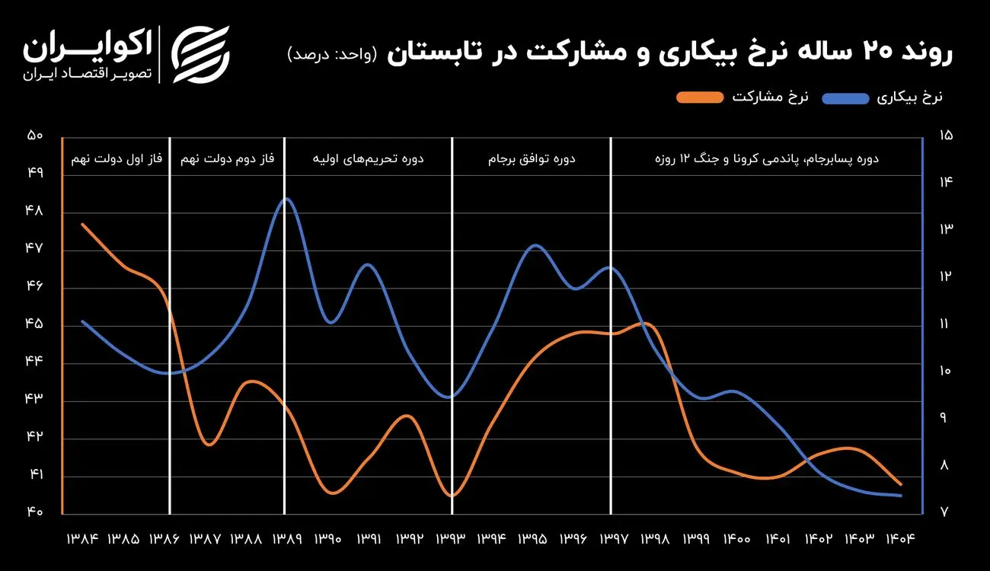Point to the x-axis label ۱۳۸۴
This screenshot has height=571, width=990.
(x=82, y=539)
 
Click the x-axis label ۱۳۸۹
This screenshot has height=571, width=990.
(x=286, y=539)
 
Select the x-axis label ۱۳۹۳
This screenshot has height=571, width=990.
(x=450, y=539)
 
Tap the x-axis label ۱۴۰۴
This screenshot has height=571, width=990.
(x=899, y=539)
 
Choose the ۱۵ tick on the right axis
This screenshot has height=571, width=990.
(x=946, y=136)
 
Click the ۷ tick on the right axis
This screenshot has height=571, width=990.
(x=945, y=512)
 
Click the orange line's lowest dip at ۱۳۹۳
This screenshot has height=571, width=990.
(x=452, y=496)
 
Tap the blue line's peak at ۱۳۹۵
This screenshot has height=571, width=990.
(x=535, y=245)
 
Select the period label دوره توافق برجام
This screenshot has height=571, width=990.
(x=532, y=160)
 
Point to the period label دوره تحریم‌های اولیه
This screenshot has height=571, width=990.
(x=369, y=160)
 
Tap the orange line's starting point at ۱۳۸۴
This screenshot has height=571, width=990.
(x=82, y=224)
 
